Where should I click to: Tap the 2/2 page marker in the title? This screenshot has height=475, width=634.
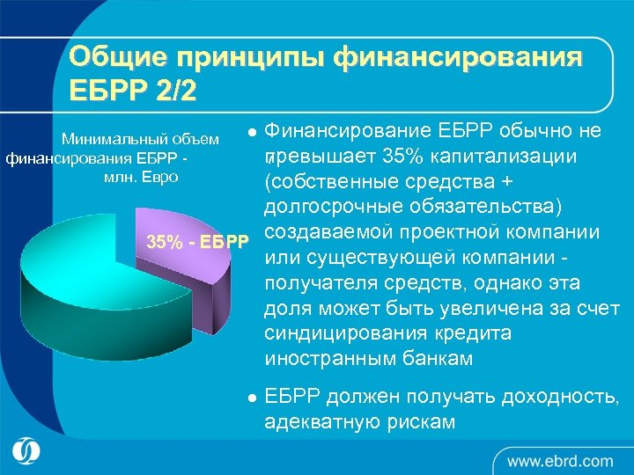click(173, 90)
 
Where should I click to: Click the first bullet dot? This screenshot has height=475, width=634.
click(252, 133)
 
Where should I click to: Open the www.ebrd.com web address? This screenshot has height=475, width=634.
click(559, 460)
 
